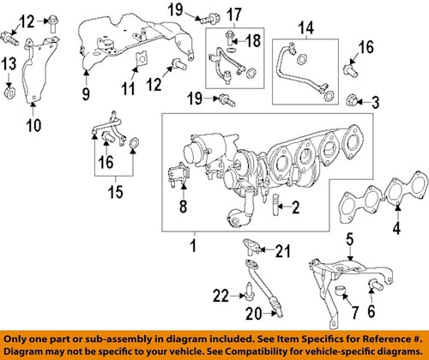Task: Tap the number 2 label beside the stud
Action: coord(270,207)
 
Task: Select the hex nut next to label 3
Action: coord(352,104)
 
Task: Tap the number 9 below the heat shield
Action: coord(86,93)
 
